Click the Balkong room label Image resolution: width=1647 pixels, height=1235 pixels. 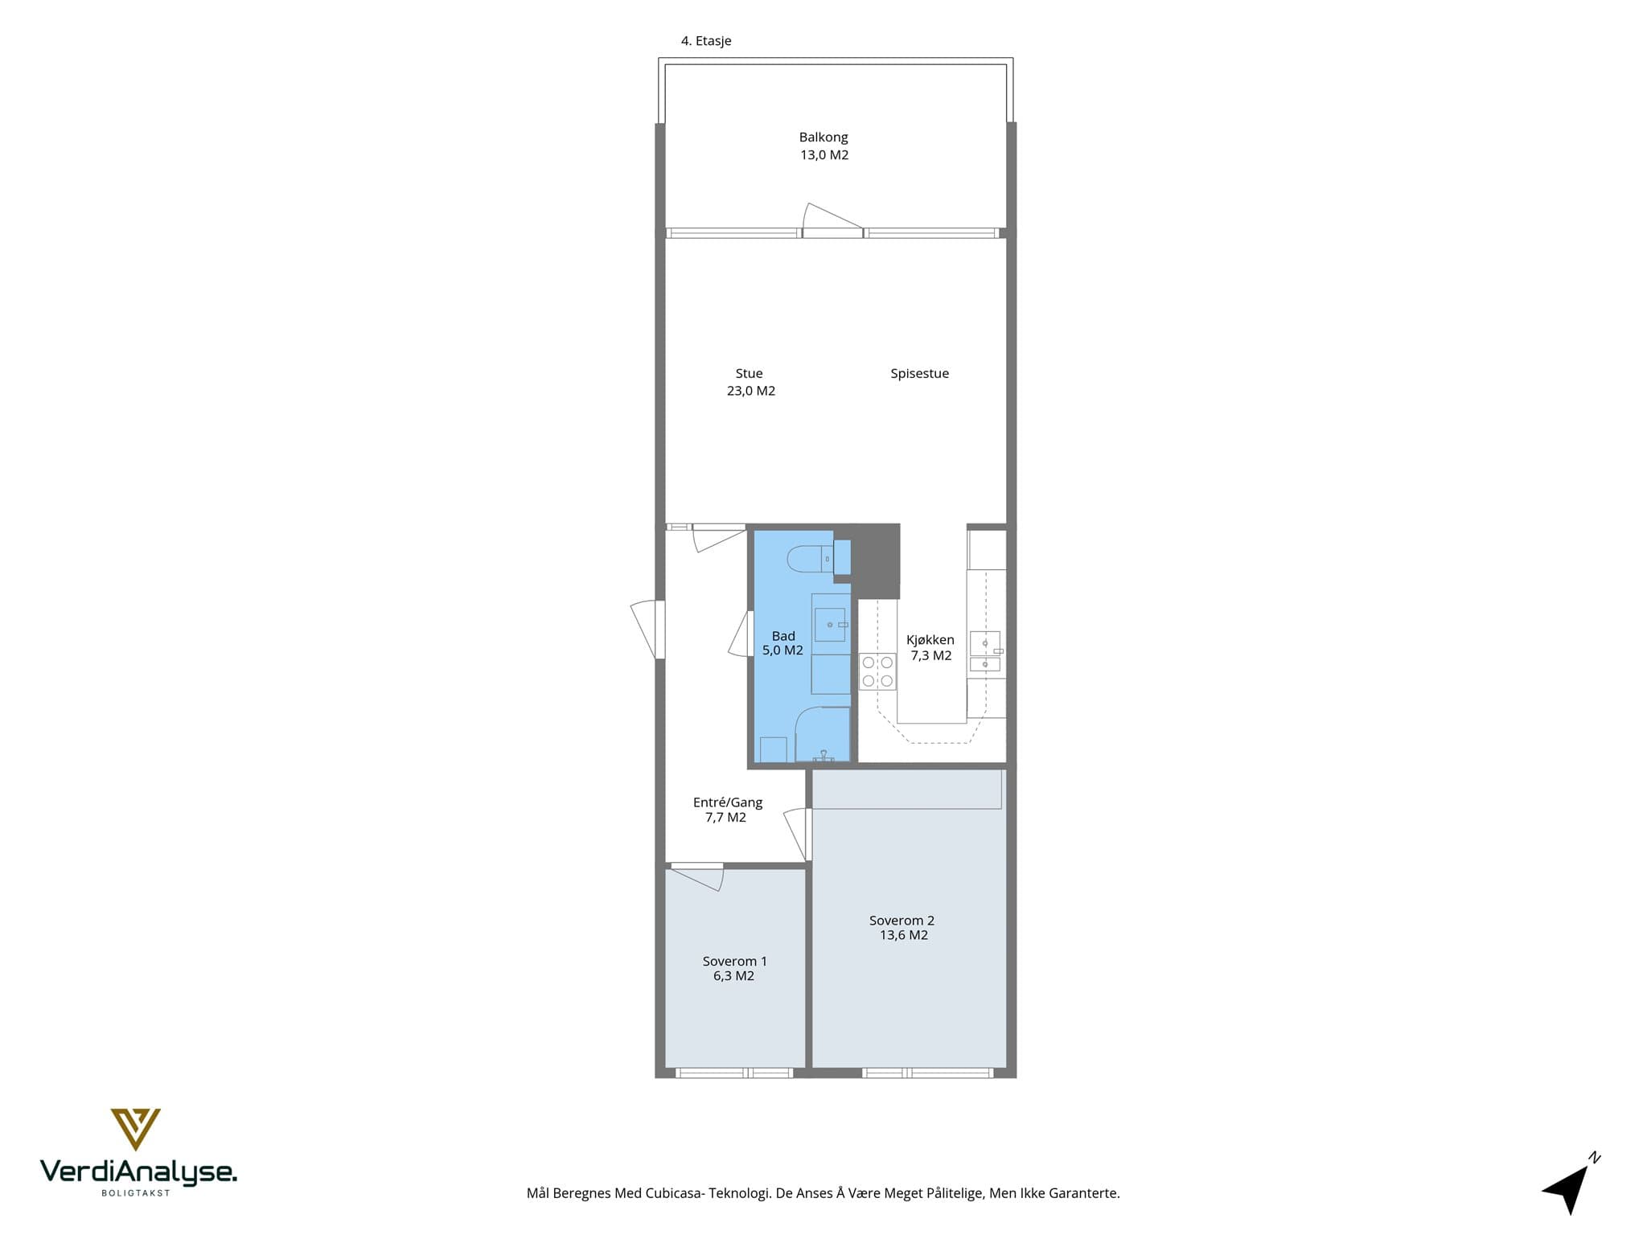[823, 137]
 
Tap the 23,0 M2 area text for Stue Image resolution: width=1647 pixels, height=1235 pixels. [751, 392]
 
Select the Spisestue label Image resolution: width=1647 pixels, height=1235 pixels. [919, 374]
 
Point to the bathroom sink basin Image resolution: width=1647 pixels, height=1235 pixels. [830, 625]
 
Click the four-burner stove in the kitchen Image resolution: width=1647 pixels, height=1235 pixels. [877, 671]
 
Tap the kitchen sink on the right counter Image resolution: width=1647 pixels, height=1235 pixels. [985, 651]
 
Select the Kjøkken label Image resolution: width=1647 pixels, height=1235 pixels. [930, 640]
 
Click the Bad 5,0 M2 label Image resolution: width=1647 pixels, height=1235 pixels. [782, 643]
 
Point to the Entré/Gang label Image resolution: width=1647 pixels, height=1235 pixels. [728, 802]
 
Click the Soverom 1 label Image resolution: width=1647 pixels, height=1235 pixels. [735, 962]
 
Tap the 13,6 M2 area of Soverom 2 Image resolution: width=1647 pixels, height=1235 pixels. [904, 936]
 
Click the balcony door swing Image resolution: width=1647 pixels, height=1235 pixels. [832, 219]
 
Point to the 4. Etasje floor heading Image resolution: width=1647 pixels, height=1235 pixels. [706, 41]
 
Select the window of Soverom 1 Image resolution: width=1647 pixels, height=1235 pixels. [734, 1073]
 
